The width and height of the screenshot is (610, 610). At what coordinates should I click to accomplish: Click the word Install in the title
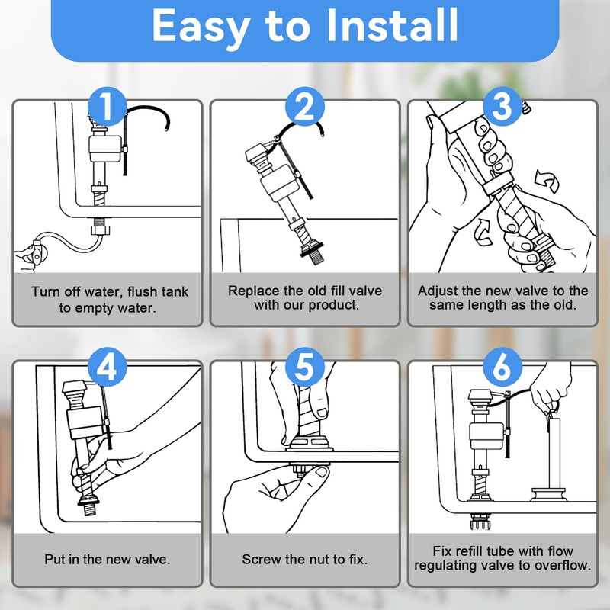392,25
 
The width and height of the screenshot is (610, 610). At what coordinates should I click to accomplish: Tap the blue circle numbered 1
107,107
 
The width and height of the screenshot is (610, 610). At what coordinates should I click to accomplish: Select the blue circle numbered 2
304,107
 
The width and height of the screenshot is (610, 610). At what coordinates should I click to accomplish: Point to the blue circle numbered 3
502,107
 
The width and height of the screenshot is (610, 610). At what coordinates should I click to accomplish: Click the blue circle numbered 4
107,367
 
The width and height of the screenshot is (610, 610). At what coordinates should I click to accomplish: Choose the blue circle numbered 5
304,367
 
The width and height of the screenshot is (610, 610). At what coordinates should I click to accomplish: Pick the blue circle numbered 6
502,367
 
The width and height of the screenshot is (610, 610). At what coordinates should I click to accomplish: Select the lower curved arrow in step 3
483,233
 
